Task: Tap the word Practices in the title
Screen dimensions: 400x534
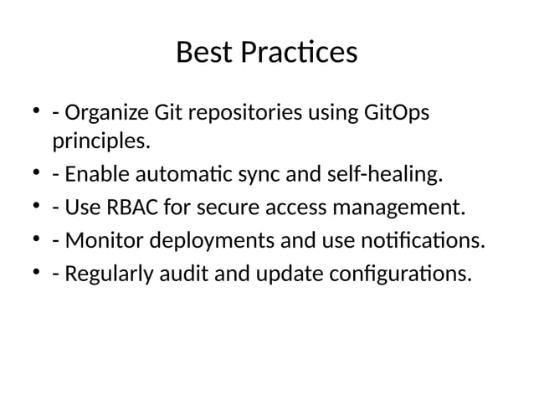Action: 299,53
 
